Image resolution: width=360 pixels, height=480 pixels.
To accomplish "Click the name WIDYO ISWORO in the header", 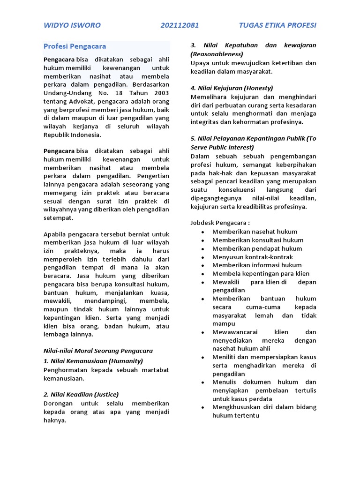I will tap(72, 25).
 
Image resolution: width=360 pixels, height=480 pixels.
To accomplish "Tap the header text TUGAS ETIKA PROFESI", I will tap(277, 25).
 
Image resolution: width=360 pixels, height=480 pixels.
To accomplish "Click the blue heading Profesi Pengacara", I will tap(75, 46).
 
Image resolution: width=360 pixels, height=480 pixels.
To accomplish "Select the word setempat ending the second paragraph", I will tap(59, 218).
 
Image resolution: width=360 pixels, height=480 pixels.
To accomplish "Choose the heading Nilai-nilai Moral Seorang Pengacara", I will tap(98, 350).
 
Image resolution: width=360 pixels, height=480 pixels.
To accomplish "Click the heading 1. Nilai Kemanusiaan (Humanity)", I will tap(93, 360).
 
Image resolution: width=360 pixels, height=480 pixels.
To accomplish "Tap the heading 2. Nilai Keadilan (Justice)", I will tap(81, 394).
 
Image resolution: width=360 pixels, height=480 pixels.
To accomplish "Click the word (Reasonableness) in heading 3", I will tap(217, 54).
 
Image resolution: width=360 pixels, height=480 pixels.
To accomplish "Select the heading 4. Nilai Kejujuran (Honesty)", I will tap(232, 88).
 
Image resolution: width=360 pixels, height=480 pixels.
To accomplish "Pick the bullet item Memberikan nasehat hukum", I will tap(255, 232).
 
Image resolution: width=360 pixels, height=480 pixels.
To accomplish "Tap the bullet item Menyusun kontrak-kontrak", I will tap(252, 257).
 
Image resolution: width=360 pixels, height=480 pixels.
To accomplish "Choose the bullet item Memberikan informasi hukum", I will tap(257, 265).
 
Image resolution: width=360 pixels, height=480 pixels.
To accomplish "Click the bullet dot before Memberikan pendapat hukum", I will tap(202, 248).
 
